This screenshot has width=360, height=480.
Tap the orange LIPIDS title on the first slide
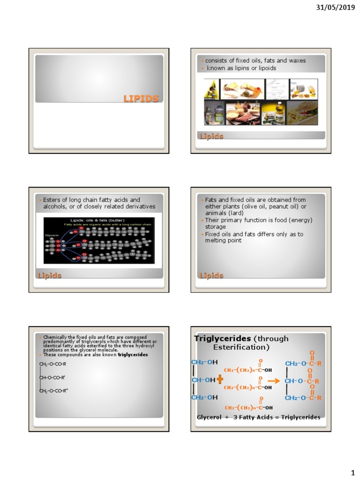[x=141, y=98]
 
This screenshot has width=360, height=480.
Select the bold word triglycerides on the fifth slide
[x=133, y=355]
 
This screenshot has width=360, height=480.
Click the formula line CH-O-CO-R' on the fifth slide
[x=52, y=377]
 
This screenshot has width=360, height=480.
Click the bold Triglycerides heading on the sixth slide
[x=223, y=339]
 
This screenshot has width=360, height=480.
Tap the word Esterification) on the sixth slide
[x=241, y=347]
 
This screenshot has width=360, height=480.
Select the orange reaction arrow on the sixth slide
[x=274, y=381]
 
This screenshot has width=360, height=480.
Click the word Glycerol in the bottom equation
[x=210, y=417]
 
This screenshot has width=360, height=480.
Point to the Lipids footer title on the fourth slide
[x=211, y=275]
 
